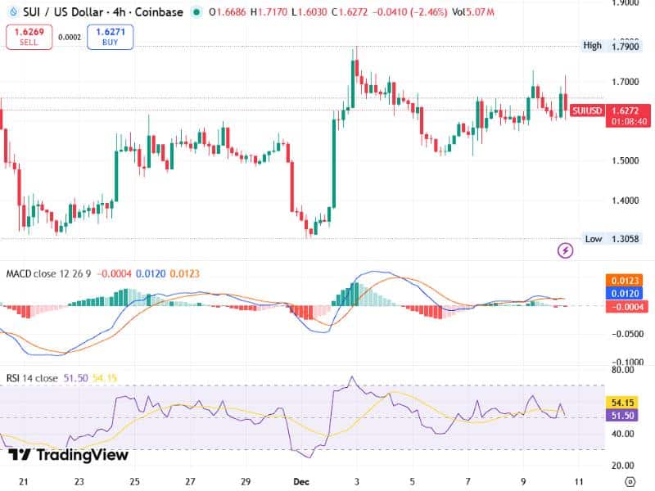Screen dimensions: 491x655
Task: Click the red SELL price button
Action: (29, 37)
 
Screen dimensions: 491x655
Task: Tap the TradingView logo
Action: (69, 455)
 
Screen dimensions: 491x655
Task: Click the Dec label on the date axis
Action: (301, 482)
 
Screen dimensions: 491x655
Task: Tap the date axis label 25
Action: (135, 482)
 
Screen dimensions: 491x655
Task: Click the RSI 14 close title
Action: (32, 378)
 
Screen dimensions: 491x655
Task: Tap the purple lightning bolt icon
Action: (565, 250)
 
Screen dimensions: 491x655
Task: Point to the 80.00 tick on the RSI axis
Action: (623, 370)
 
